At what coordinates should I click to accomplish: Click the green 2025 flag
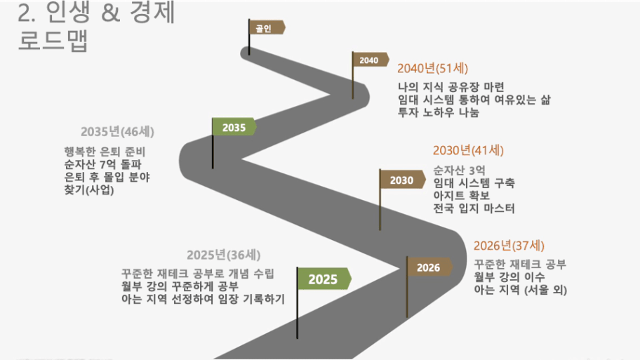click(324, 279)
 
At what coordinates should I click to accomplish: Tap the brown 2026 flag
click(429, 267)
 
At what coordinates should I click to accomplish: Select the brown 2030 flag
click(403, 180)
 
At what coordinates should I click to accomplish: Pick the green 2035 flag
click(234, 127)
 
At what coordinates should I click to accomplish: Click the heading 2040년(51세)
click(433, 69)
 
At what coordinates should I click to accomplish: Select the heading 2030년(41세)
click(468, 151)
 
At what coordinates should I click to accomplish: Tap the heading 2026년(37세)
click(509, 246)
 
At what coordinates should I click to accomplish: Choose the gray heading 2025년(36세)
click(224, 255)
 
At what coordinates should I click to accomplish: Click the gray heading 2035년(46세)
click(118, 132)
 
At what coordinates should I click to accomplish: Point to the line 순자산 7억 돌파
click(103, 164)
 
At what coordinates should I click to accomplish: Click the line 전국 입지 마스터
click(474, 208)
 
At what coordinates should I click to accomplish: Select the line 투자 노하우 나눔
click(439, 112)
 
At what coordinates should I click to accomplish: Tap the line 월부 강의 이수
click(509, 277)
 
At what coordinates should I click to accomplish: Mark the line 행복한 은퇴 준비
click(105, 152)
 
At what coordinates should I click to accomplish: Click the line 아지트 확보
click(462, 196)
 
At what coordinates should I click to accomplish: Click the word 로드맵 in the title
click(53, 41)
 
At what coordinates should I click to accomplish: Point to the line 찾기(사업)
click(89, 190)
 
